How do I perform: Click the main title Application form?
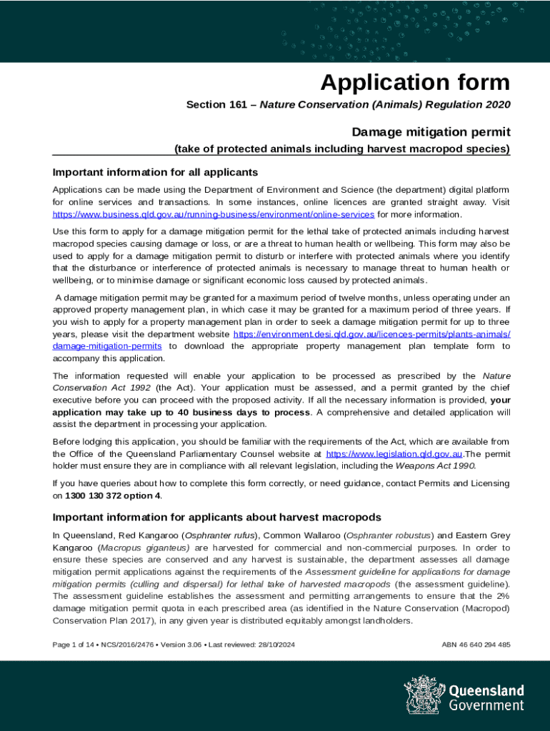click(x=415, y=83)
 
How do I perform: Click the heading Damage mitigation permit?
click(x=431, y=132)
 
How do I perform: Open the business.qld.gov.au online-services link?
click(x=214, y=214)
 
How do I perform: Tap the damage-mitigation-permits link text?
click(x=107, y=346)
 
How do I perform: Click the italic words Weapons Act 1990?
click(x=444, y=465)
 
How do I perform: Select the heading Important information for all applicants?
click(x=155, y=172)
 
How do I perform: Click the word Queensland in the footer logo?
click(x=486, y=690)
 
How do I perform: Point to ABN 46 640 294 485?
click(x=476, y=645)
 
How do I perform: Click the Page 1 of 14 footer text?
click(x=74, y=645)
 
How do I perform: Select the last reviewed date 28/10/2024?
click(x=275, y=645)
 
